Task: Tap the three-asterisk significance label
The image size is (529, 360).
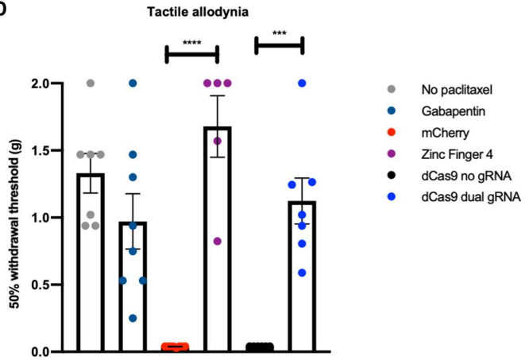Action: pyautogui.click(x=279, y=34)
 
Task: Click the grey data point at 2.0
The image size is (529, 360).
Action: pyautogui.click(x=91, y=83)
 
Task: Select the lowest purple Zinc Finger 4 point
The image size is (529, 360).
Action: pyautogui.click(x=218, y=241)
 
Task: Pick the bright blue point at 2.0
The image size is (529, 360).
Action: pyautogui.click(x=303, y=83)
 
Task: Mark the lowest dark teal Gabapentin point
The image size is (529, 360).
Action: pyautogui.click(x=133, y=318)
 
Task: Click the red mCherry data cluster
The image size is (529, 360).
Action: pyautogui.click(x=176, y=346)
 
